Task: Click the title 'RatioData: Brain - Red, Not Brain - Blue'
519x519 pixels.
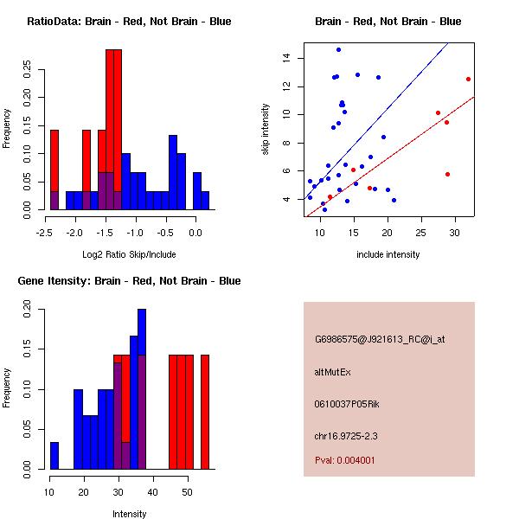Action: pos(128,22)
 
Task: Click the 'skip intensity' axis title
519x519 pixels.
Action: pos(267,130)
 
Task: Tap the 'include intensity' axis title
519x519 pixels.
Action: pos(388,254)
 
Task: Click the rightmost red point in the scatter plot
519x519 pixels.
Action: pos(468,79)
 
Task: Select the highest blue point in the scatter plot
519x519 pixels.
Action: pos(338,49)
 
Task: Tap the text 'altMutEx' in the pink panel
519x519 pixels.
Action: pos(332,372)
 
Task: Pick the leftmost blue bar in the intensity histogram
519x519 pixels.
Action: pos(54,455)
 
